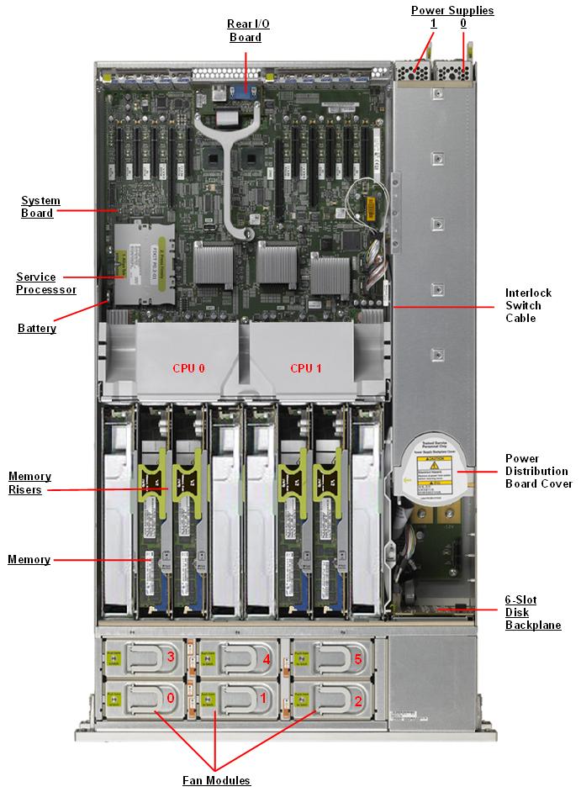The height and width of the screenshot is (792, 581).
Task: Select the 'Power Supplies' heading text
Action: [452, 10]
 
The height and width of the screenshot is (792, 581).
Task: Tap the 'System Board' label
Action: [37, 207]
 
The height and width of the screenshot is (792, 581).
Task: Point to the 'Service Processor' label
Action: [46, 282]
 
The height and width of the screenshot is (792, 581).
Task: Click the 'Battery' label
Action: [37, 328]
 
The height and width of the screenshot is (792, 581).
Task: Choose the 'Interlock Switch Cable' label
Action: [528, 305]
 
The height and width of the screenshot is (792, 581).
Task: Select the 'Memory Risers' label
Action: [29, 483]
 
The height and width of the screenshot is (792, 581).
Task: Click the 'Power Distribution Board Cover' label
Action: [538, 471]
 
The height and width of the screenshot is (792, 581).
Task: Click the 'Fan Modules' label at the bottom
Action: [216, 780]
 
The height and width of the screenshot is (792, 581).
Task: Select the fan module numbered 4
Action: [240, 658]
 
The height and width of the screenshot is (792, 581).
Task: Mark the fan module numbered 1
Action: [240, 697]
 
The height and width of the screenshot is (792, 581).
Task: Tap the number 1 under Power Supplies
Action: [433, 24]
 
